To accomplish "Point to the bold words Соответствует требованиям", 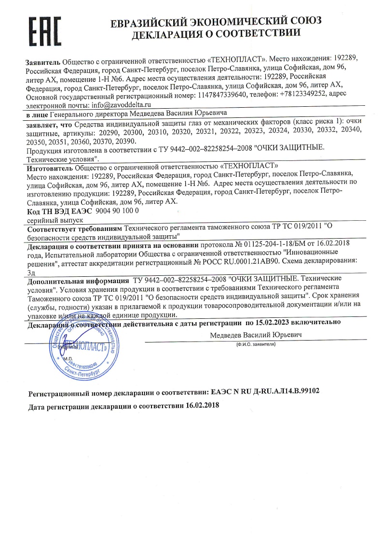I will click(x=74, y=228).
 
